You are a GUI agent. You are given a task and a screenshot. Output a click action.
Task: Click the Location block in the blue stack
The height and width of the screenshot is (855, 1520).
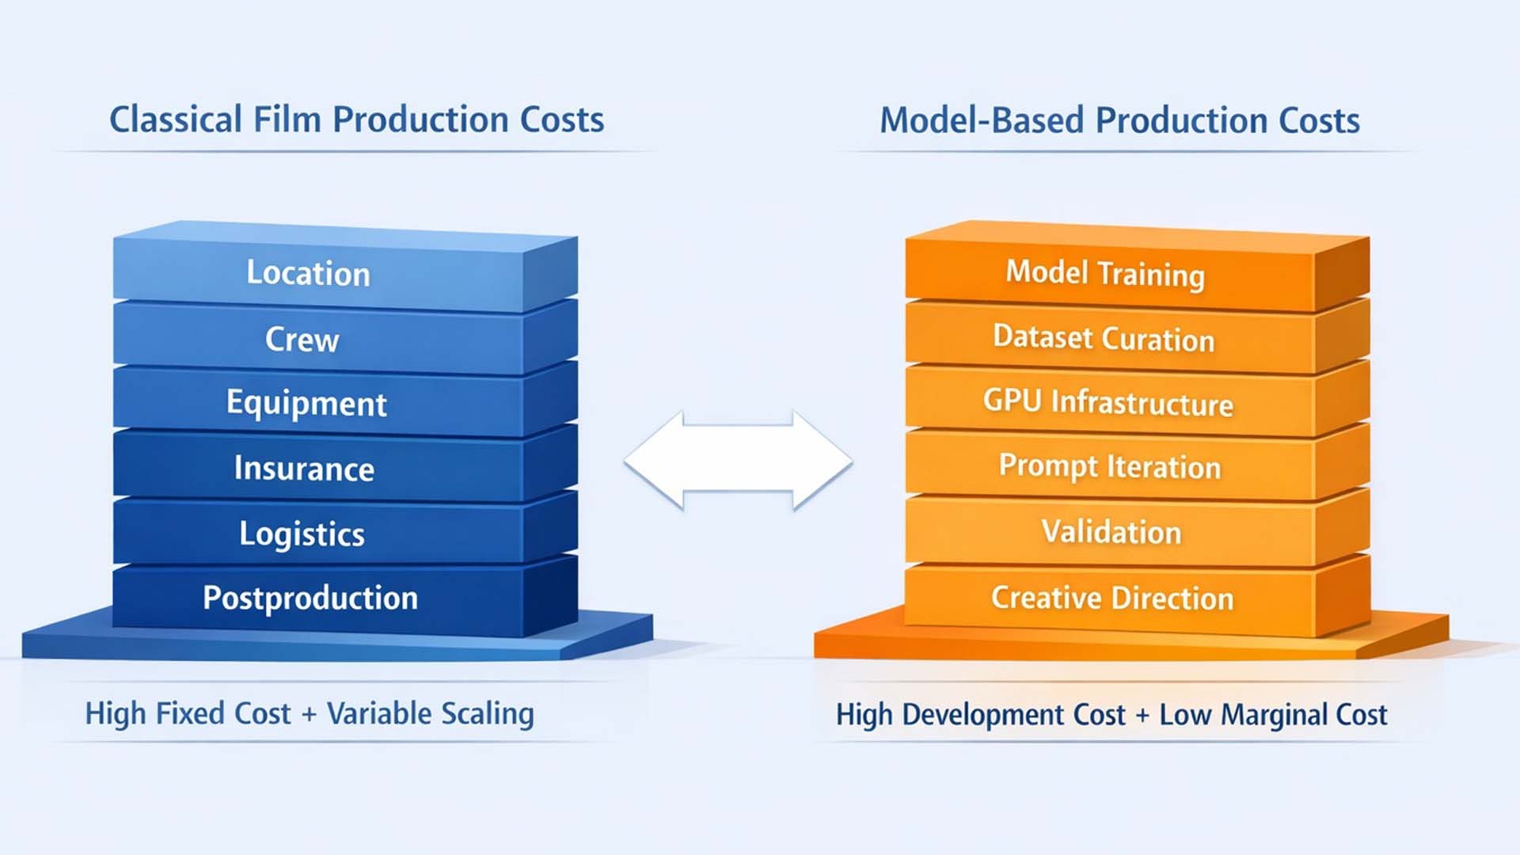(309, 273)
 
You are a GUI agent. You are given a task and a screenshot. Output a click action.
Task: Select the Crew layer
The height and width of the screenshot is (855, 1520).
(302, 340)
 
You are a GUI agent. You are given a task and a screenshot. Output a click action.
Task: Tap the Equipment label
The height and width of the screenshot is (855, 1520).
(306, 404)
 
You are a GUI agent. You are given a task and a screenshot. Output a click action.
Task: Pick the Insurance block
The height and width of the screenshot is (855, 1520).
(304, 469)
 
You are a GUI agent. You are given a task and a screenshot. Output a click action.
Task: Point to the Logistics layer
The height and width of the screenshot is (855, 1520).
(302, 534)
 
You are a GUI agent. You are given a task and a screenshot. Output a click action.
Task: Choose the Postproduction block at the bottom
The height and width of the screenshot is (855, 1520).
(310, 598)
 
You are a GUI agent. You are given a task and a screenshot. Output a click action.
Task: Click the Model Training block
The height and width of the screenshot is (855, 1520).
(1105, 274)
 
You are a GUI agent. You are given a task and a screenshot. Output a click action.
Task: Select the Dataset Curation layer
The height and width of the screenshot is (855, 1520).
(1104, 339)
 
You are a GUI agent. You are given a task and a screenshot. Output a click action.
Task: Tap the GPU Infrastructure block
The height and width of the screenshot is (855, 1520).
(1108, 403)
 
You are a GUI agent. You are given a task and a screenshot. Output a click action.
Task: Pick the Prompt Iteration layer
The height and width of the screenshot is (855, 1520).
(1109, 467)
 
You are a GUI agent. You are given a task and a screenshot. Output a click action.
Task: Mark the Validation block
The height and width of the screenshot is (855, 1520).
(1111, 532)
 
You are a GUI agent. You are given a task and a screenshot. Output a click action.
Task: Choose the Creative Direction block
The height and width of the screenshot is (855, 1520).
(1112, 598)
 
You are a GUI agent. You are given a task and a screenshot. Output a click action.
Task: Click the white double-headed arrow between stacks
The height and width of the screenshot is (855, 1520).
(738, 461)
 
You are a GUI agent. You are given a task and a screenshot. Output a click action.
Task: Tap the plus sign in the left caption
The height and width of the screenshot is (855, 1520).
(309, 715)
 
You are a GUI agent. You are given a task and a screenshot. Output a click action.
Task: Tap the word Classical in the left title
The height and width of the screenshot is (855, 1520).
(175, 120)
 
